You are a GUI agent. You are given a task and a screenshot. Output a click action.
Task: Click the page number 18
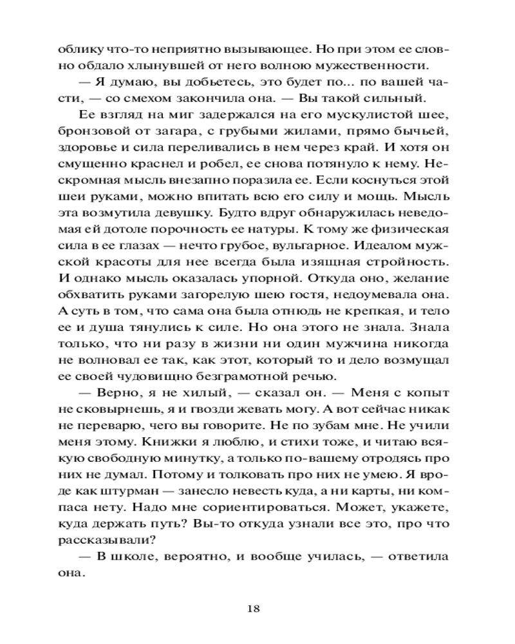click(x=256, y=607)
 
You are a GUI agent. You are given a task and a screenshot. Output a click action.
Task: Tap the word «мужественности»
click(x=380, y=66)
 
